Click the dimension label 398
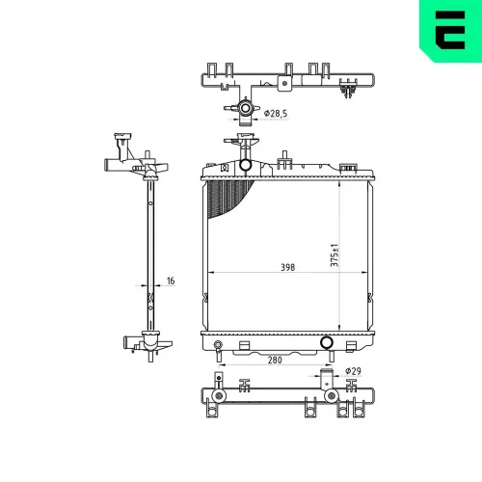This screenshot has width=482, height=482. tap(287, 267)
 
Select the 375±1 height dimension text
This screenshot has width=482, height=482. tap(335, 255)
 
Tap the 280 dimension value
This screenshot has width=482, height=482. tap(275, 360)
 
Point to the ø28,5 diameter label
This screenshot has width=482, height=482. tap(276, 114)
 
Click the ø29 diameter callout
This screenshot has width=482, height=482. tap(353, 371)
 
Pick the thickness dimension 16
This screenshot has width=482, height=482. tap(171, 281)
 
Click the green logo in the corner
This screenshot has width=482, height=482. tap(450, 31)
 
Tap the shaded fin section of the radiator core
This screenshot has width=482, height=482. tap(227, 197)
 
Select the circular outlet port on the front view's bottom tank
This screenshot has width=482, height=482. tap(327, 342)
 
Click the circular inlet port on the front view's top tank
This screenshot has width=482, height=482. tap(245, 165)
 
